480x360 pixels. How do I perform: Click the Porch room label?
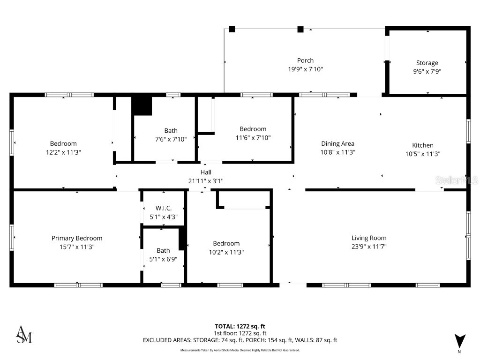pos(305,60)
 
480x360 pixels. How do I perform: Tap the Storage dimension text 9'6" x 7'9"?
pos(427,72)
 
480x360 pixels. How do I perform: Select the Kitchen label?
pos(422,145)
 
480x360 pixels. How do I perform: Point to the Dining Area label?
pos(337,144)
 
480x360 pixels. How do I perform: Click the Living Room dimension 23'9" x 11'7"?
pos(369,247)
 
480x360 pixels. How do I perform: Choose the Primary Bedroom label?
pos(77,238)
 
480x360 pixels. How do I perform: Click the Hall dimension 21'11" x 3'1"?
pos(206,181)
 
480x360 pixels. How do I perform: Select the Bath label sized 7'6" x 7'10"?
pos(171,131)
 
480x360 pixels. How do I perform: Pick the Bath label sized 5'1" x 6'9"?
pos(163,250)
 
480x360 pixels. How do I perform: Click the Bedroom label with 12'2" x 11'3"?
pos(63,143)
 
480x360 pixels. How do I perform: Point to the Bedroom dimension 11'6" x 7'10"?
pos(253,138)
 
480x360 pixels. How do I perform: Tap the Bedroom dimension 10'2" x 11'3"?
pos(226,252)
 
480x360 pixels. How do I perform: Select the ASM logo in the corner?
pos(24,334)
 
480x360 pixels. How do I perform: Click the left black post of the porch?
pos(232,29)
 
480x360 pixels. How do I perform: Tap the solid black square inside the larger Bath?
pos(142,106)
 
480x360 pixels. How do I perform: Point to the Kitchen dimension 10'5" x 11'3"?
pos(422,154)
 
